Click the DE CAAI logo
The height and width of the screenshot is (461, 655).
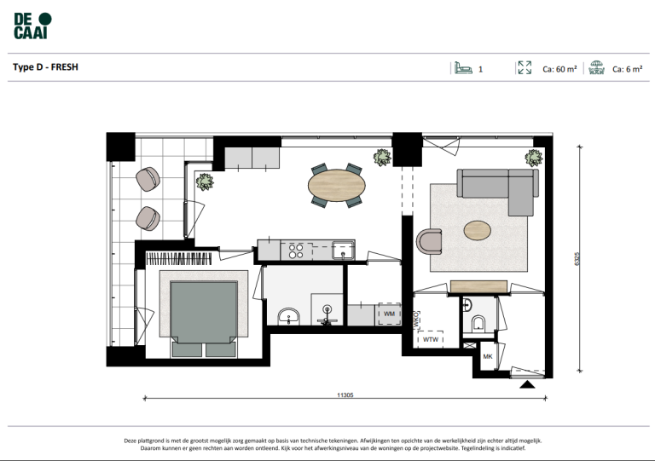coord(32,26)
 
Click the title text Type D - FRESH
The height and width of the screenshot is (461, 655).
coord(46,66)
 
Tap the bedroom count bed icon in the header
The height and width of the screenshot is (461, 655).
coord(462,68)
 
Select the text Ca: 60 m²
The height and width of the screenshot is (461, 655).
coord(560,69)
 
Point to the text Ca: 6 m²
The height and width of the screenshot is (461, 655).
coord(627,69)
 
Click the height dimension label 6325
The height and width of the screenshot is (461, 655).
coord(578,259)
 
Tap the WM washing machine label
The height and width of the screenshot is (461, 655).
coord(389,314)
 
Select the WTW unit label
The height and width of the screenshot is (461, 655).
coord(429,339)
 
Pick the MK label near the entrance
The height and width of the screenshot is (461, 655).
coord(488,356)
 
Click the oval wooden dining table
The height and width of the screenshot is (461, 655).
coord(336,182)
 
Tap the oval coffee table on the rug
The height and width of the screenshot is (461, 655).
coord(477,229)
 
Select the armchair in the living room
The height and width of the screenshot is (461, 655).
coord(430,240)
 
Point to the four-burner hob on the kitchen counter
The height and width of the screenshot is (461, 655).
coord(297,250)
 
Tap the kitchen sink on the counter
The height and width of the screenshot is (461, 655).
coord(343,250)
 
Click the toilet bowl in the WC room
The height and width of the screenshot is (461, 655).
coord(478,322)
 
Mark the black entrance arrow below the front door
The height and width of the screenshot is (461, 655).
coord(528,385)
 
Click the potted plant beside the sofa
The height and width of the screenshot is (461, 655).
coord(533,158)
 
